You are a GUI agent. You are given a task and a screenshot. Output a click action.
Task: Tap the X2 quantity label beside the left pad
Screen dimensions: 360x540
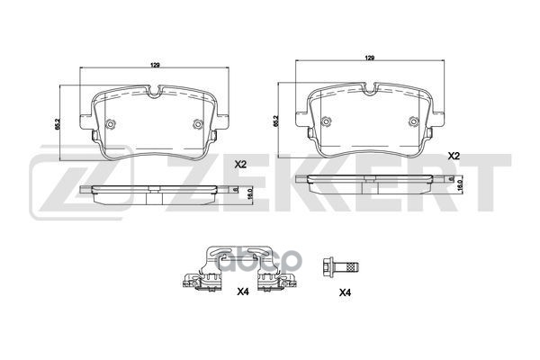point(240,165)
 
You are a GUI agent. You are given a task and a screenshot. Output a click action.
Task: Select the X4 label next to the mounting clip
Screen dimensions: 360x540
point(242,292)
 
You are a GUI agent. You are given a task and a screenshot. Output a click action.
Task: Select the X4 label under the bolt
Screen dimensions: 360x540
point(345,292)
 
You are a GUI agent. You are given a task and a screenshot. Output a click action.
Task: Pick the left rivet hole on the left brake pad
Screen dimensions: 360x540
point(110,125)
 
